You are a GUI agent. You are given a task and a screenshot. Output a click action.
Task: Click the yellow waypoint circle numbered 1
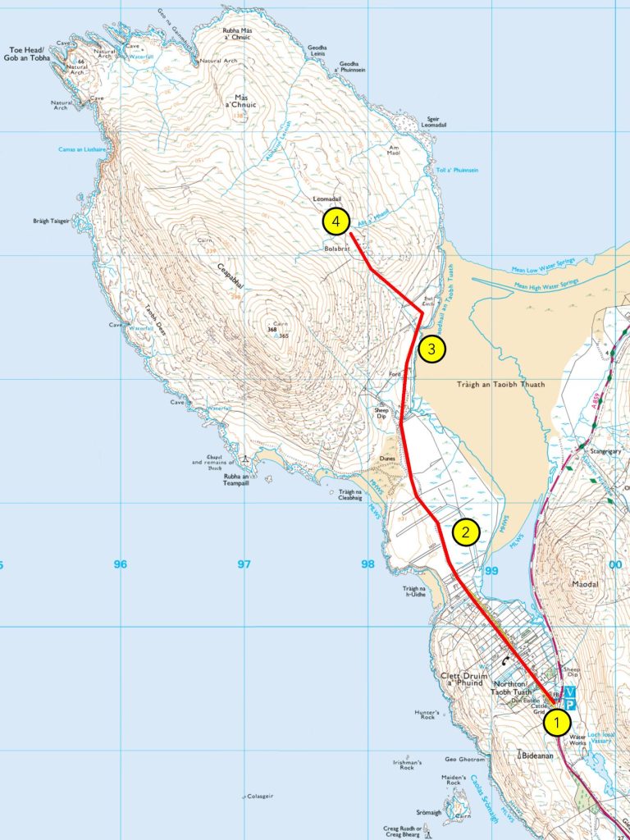tap(558, 723)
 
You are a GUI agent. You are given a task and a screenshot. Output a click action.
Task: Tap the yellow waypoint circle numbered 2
tap(465, 532)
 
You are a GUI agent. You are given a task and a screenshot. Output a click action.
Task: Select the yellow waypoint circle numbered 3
tap(432, 349)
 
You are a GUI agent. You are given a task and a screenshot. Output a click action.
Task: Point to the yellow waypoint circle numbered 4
tap(336, 221)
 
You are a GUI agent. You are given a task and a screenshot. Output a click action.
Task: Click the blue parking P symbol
tap(571, 705)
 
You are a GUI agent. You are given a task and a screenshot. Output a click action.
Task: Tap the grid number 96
tap(121, 564)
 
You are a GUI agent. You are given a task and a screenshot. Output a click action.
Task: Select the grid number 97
tap(243, 564)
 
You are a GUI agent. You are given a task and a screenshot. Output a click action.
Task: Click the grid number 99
tap(491, 570)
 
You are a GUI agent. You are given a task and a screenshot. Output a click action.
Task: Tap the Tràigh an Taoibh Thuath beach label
tap(495, 384)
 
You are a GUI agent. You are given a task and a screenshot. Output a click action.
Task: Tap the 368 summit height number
tap(272, 330)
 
